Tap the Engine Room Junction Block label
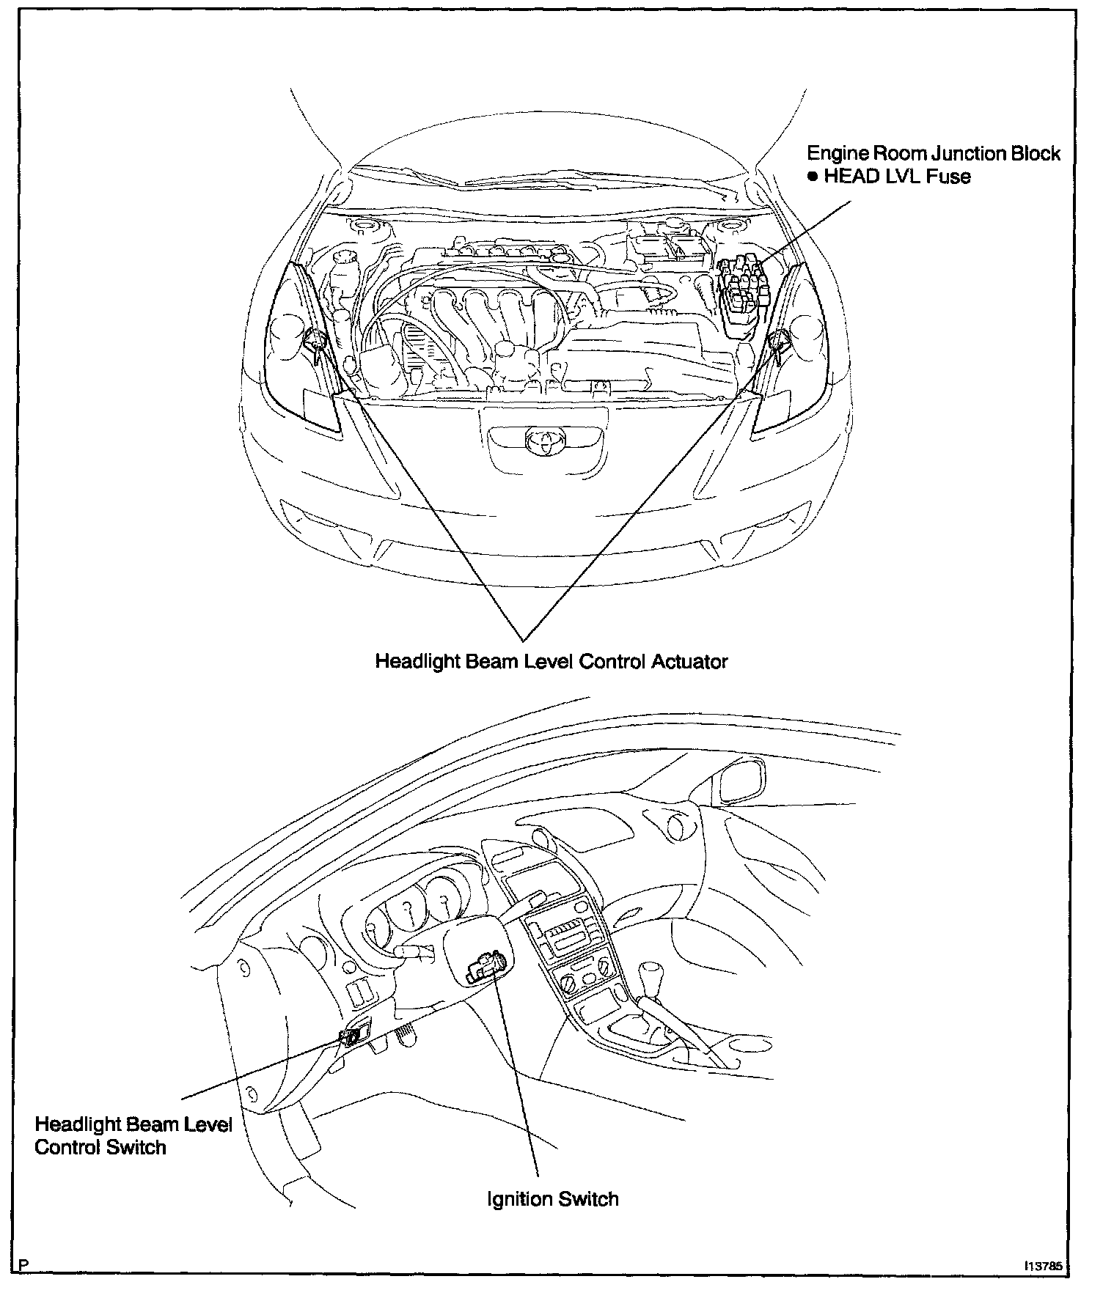933,153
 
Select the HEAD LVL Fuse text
897,177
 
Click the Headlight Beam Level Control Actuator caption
551,661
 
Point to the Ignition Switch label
553,1199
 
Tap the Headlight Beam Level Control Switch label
133,1135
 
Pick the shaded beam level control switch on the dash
351,1036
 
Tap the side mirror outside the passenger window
741,783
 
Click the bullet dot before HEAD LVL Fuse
813,177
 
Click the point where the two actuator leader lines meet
521,639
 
